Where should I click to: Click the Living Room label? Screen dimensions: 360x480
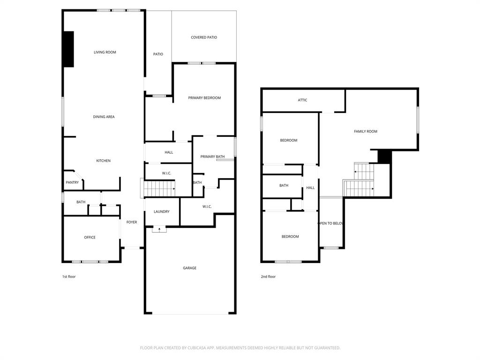point(105,52)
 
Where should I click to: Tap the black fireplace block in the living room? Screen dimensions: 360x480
point(68,49)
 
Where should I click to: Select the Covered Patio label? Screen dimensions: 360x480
point(204,37)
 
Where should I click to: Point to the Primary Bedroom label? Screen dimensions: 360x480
point(204,98)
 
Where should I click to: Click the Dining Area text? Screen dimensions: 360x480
point(104,117)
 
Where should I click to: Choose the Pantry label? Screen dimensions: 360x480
point(72,182)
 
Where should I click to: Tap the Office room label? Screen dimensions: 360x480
point(90,237)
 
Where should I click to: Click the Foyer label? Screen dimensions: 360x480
point(132,222)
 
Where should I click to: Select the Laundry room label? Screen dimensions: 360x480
point(161,211)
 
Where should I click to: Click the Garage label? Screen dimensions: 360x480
point(189,268)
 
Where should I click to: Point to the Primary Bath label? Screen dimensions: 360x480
point(212,157)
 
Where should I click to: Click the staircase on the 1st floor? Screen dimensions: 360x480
point(159,188)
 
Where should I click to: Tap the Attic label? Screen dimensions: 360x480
point(302,100)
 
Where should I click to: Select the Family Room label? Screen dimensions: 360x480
point(365,132)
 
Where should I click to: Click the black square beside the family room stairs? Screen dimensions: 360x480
point(384,157)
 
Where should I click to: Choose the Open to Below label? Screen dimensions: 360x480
point(331,223)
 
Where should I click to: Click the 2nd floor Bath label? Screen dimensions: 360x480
point(284,186)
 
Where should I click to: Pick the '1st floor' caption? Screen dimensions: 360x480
point(69,277)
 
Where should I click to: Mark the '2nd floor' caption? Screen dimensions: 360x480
point(268,277)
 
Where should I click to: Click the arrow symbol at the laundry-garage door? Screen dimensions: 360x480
point(159,229)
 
